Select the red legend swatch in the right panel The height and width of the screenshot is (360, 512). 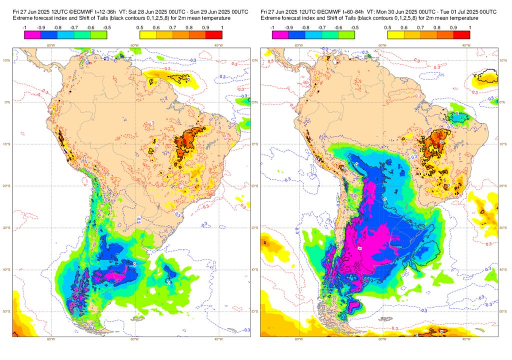pos(462,35)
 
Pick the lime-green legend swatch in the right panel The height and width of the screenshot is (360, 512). pos(346,35)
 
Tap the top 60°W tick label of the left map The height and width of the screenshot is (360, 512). pos(134,45)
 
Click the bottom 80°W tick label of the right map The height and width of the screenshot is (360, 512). pos(298,339)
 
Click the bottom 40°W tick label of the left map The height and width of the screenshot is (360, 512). pos(218,339)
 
